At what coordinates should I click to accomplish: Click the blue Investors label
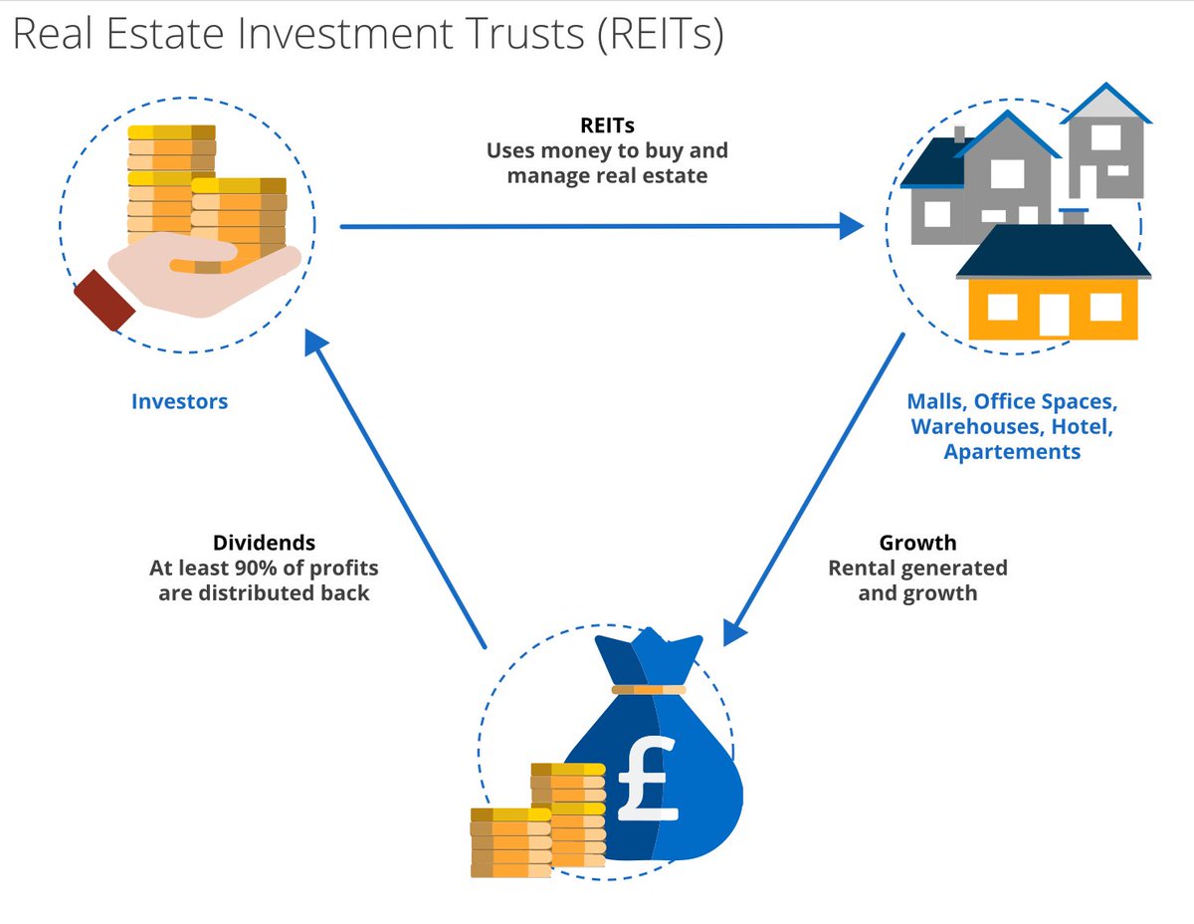[x=179, y=402]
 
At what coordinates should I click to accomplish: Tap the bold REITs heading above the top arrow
[x=607, y=126]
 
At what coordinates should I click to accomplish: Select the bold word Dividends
[x=264, y=543]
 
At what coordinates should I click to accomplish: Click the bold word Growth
[x=917, y=543]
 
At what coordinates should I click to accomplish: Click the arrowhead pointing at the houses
[x=851, y=226]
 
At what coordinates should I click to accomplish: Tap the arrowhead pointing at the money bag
[x=734, y=632]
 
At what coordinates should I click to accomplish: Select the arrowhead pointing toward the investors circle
[x=315, y=344]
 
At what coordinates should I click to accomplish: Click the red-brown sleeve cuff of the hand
[x=103, y=299]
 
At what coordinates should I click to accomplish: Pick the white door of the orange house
[x=1053, y=315]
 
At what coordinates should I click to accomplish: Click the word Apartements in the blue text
[x=1012, y=452]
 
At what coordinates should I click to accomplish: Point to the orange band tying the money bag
[x=649, y=689]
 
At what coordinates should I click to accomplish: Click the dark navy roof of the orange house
[x=1053, y=252]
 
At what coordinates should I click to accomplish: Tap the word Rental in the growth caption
[x=864, y=569]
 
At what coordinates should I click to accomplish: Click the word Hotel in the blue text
[x=1083, y=427]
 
